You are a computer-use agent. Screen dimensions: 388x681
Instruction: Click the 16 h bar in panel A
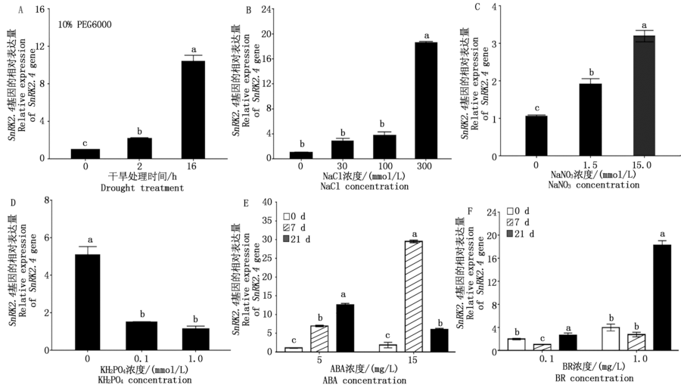(x=193, y=109)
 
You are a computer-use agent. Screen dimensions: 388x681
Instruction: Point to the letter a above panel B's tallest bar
(x=427, y=35)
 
